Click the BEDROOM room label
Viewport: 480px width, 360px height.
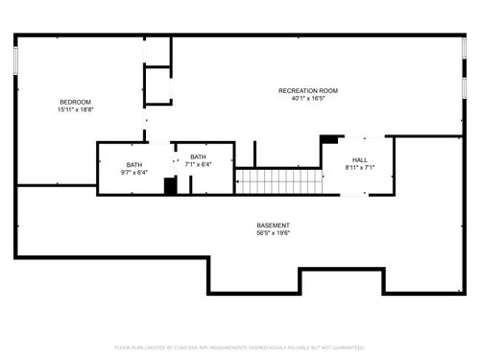(x=75, y=102)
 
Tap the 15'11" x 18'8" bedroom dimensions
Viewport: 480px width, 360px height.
(x=75, y=109)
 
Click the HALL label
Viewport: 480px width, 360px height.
(x=359, y=160)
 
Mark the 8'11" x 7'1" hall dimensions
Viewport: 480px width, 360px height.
(x=359, y=168)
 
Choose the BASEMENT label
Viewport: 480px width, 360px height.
(x=273, y=226)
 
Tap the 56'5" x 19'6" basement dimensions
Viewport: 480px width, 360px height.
(x=273, y=233)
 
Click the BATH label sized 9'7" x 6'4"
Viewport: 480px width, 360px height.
(x=133, y=165)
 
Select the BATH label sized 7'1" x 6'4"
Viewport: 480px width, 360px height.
(x=199, y=157)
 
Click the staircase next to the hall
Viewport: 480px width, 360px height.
(x=277, y=180)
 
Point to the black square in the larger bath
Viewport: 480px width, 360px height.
(x=170, y=186)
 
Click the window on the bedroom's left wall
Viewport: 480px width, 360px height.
(x=15, y=60)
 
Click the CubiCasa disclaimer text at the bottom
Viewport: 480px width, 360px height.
(x=240, y=347)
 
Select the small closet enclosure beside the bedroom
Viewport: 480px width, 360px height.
(x=157, y=84)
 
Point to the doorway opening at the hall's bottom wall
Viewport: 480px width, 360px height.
(x=354, y=195)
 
